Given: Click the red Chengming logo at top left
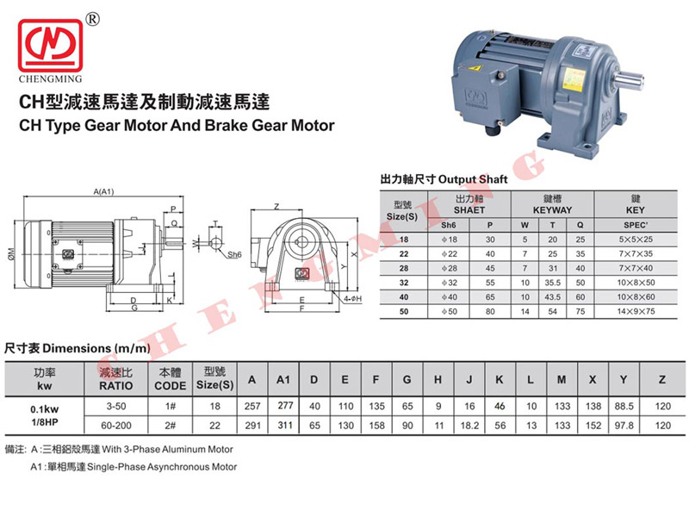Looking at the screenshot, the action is [x=50, y=46].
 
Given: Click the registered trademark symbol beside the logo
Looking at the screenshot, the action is [x=93, y=19].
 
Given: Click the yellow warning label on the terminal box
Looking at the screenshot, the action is [x=475, y=68].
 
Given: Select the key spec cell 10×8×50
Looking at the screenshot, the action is [x=636, y=283].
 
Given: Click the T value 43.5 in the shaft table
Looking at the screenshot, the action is [x=552, y=297].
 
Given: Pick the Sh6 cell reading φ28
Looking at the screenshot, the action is [x=449, y=268].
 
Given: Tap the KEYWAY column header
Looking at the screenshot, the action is [x=552, y=210].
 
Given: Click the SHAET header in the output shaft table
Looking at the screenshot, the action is [x=469, y=210].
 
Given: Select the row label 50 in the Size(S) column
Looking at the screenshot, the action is [x=404, y=312].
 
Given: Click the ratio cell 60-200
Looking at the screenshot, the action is [x=116, y=426].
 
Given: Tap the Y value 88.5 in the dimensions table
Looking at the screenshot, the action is [x=624, y=406].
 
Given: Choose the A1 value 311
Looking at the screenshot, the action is [x=285, y=426].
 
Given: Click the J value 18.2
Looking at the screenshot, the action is [x=469, y=426].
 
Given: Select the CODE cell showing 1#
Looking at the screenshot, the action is [x=171, y=406].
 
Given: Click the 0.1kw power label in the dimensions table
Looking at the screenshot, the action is [x=45, y=409].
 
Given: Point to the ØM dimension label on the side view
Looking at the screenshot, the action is [x=11, y=253].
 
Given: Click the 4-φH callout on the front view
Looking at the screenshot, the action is [x=352, y=298].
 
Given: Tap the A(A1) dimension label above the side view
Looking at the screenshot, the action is [x=103, y=191].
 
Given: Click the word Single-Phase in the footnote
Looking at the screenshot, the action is [x=116, y=467].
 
